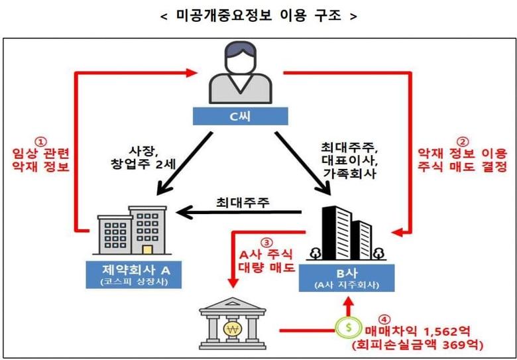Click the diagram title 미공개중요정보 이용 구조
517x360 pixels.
pyautogui.click(x=258, y=15)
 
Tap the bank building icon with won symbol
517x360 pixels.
pyautogui.click(x=233, y=324)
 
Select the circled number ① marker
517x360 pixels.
pyautogui.click(x=41, y=141)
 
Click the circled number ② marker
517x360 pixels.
pyautogui.click(x=463, y=141)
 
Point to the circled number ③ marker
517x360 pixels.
pyautogui.click(x=267, y=242)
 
